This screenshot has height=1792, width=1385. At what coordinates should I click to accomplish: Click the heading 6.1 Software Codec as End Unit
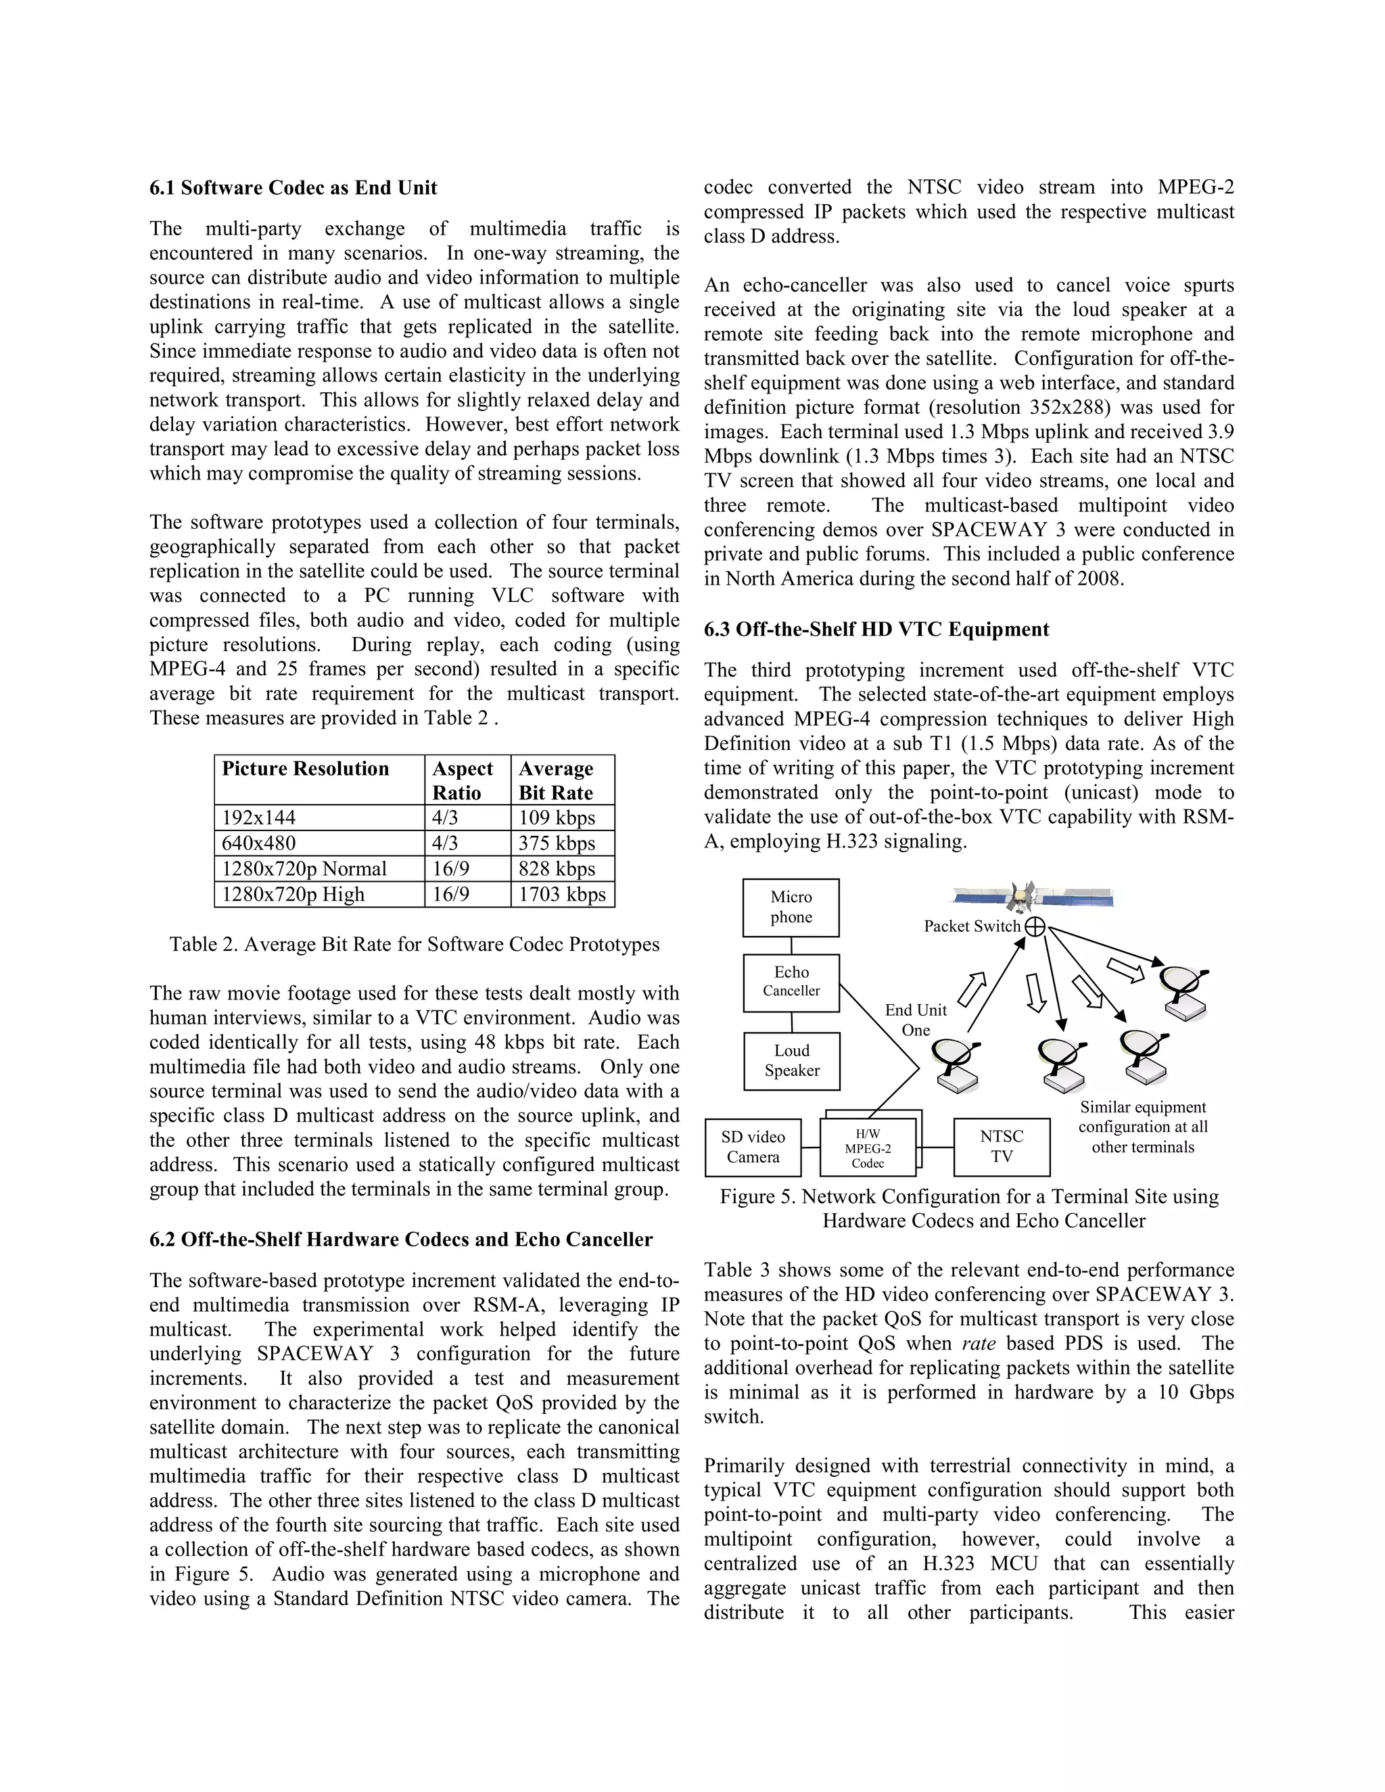[x=293, y=188]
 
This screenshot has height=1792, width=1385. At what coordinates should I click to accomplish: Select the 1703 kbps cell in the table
[x=562, y=895]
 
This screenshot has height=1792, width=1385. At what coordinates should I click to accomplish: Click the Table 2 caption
[x=415, y=945]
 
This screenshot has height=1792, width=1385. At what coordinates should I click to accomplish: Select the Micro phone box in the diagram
[x=791, y=907]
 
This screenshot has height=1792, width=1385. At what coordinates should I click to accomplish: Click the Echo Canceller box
[x=791, y=982]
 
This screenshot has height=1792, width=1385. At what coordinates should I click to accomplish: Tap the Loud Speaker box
[x=792, y=1061]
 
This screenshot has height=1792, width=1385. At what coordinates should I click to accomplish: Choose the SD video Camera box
[x=753, y=1147]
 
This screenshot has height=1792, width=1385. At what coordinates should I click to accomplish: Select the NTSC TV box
[x=1002, y=1147]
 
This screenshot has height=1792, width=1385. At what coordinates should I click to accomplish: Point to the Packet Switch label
[x=972, y=926]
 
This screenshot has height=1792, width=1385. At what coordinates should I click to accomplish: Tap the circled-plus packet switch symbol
[x=1036, y=926]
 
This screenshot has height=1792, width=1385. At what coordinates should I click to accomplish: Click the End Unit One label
[x=916, y=1020]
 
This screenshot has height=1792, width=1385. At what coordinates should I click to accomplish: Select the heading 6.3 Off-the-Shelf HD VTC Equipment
[x=876, y=630]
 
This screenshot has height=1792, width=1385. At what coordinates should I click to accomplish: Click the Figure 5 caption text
[x=969, y=1208]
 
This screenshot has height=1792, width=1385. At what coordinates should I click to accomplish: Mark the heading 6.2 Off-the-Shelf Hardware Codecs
[x=401, y=1240]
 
